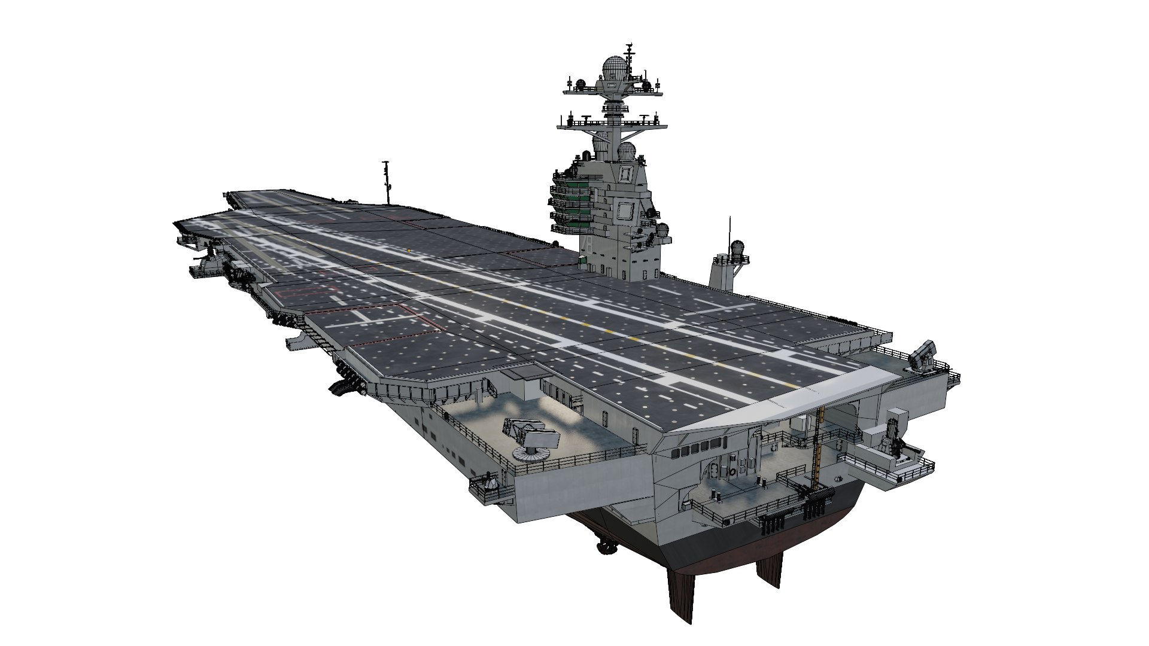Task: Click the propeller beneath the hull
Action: pos(603,545)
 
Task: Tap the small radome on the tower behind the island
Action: pos(738,249)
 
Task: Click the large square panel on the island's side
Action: pos(625,211)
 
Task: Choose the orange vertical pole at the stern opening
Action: pos(820,443)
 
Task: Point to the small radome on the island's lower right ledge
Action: pos(662,230)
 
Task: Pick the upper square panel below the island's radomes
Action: pos(625,173)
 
